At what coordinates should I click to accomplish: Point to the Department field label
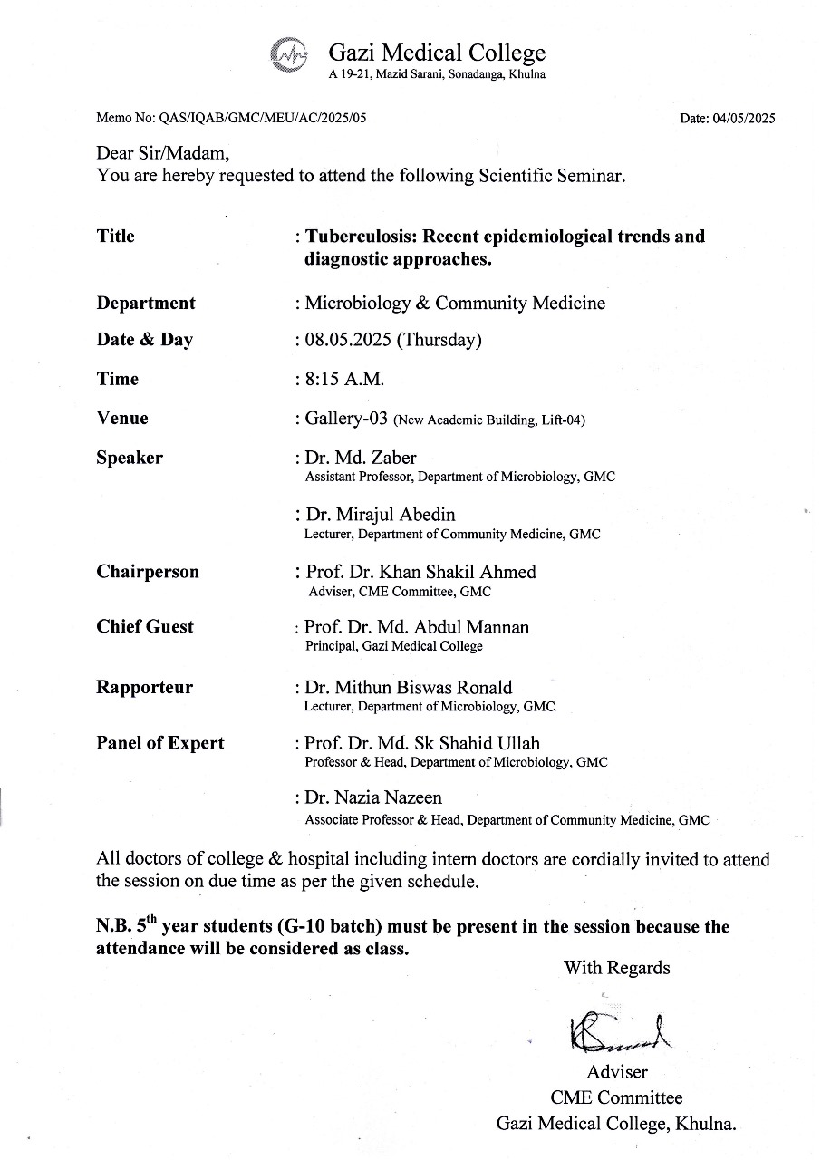(x=146, y=304)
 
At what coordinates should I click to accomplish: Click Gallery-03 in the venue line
(x=346, y=419)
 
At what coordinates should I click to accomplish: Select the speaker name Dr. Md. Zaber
(x=361, y=458)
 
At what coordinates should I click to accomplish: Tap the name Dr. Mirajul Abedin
(x=380, y=515)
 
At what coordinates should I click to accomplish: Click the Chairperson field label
(x=148, y=572)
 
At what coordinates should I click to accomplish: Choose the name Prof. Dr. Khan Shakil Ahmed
(x=420, y=572)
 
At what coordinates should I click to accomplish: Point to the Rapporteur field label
(x=145, y=688)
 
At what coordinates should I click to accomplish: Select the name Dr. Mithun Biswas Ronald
(x=409, y=688)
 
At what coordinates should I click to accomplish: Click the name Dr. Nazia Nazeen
(x=373, y=798)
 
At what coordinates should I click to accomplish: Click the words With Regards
(x=616, y=968)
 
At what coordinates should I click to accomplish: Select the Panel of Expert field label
(x=160, y=744)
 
